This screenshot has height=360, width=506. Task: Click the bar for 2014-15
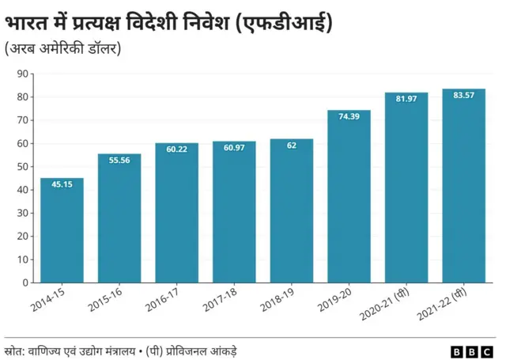click(x=62, y=230)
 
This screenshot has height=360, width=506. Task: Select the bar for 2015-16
click(x=119, y=218)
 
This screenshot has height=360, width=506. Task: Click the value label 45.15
click(x=62, y=184)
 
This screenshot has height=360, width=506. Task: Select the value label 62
click(x=291, y=146)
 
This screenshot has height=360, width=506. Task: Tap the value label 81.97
click(x=406, y=99)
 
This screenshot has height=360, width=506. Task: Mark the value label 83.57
click(x=463, y=95)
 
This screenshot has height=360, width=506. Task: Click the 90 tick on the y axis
click(x=21, y=74)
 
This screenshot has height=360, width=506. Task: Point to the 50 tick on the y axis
click(x=21, y=167)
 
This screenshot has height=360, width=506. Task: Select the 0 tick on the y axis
click(x=25, y=282)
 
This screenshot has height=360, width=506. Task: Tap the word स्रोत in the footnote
click(x=13, y=350)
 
